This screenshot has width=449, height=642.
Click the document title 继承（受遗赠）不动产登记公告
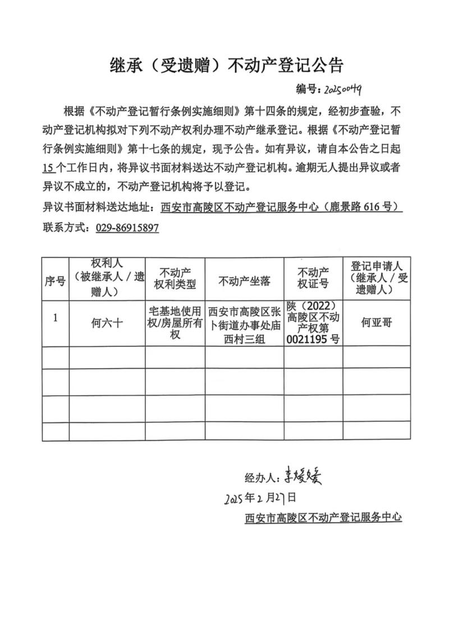tap(224, 66)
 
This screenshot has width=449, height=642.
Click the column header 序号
tap(55, 281)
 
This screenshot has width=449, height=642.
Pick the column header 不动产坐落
tap(244, 281)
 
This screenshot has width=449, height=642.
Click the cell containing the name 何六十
tap(107, 323)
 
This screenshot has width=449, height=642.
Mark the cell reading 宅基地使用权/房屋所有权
tap(175, 323)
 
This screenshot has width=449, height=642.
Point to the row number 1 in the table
tap(55, 318)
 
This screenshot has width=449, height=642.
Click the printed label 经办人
tap(260, 478)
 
